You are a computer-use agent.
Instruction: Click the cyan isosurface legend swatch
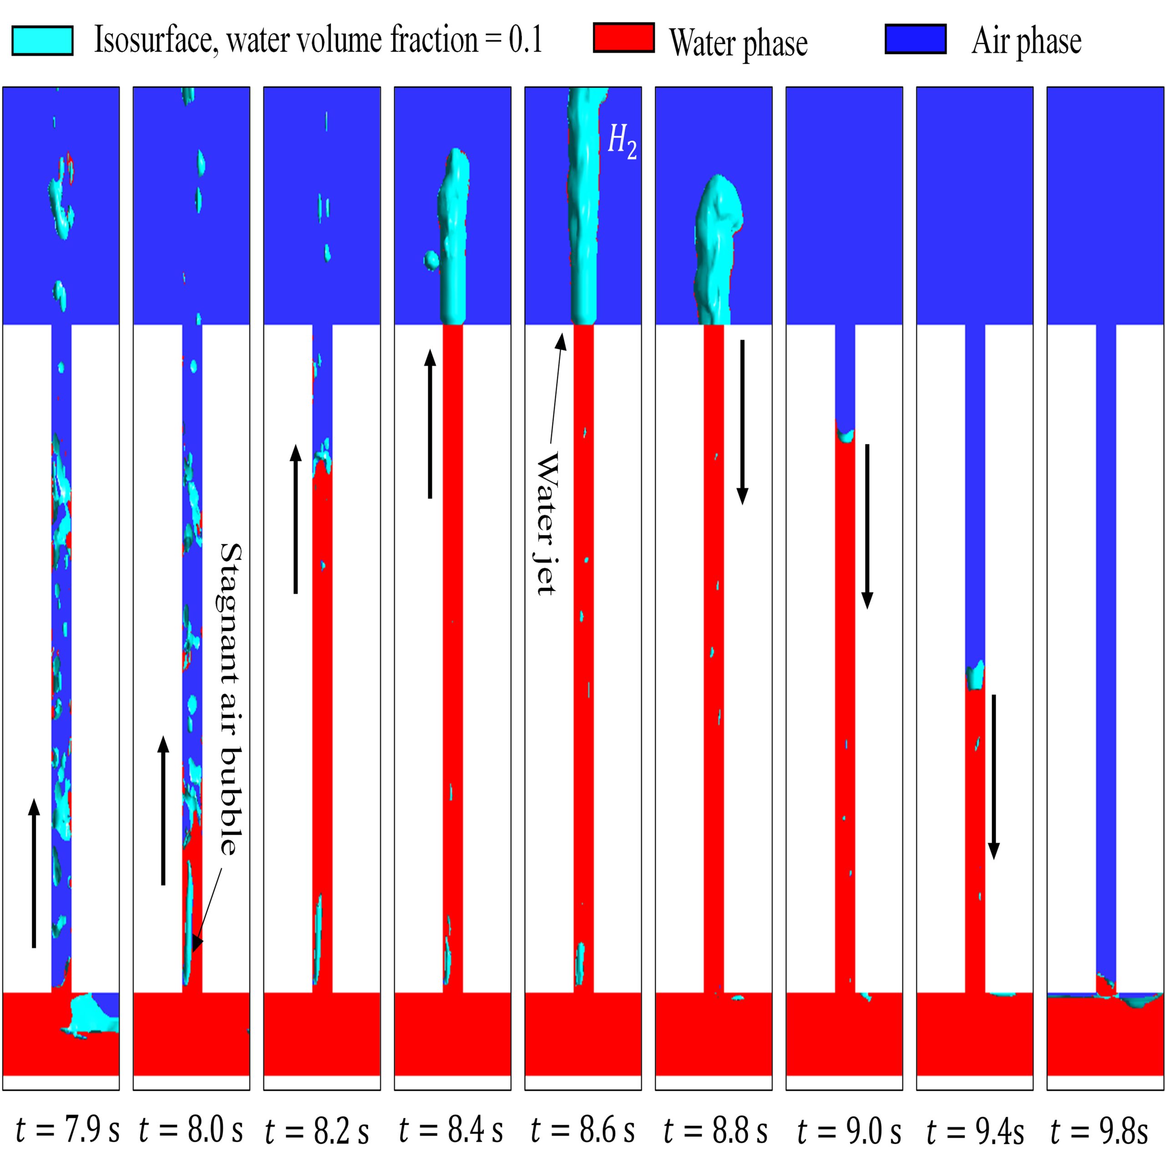[x=42, y=41]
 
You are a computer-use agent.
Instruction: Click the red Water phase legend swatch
[x=623, y=38]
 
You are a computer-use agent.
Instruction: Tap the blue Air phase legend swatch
[x=915, y=39]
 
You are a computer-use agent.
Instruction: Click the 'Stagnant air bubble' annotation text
[x=230, y=699]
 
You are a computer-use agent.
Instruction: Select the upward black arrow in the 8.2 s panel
[x=295, y=519]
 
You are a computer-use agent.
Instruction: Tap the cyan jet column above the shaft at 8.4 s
[x=453, y=241]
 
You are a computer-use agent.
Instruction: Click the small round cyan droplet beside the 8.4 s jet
[x=431, y=260]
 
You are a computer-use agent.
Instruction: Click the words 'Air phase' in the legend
[x=1026, y=41]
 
